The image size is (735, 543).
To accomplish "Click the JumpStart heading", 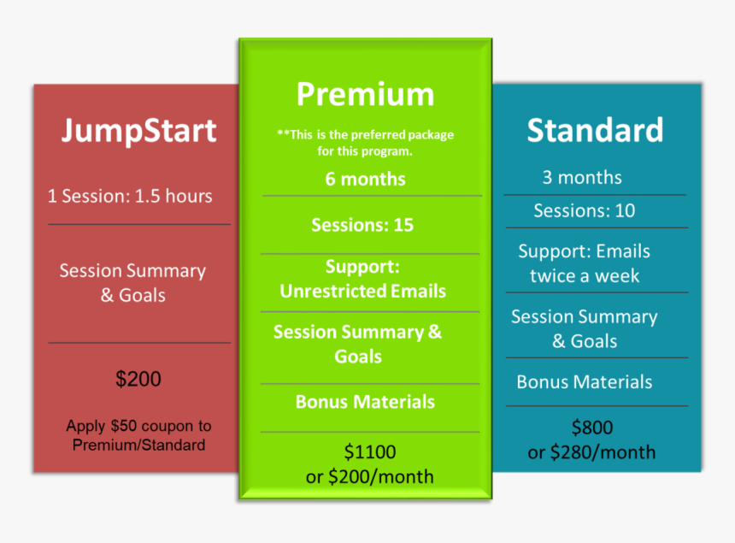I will coord(138,131).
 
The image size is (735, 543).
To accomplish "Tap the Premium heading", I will coord(365,94).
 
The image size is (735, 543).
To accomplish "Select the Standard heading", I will coord(595,130).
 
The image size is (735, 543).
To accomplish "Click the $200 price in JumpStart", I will coord(138,379).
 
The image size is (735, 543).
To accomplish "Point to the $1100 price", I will coord(370,452).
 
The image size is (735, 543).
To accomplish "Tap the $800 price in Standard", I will coord(592,428).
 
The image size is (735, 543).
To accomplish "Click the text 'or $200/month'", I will coord(370,476).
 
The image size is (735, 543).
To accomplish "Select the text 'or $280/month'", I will coord(592,452).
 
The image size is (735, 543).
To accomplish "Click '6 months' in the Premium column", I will coord(365,180).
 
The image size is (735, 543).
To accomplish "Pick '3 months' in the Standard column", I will coord(582,178).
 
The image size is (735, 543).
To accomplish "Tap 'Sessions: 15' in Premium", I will coord(362,225).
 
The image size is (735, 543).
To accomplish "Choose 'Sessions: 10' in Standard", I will coord(585,210).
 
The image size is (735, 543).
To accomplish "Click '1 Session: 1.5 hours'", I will coord(130,196).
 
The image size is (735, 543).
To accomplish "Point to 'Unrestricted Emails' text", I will coord(362,291).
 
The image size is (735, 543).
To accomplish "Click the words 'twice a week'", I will coord(585,276).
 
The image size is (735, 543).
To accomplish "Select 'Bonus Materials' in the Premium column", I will coord(365,402).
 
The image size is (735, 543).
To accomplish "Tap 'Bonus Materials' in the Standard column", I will coord(585,382).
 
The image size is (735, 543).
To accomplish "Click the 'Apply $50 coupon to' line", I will coord(138,426).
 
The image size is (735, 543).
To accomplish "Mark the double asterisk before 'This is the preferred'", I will coord(282,135).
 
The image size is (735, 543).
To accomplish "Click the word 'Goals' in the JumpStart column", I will coord(144,296).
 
